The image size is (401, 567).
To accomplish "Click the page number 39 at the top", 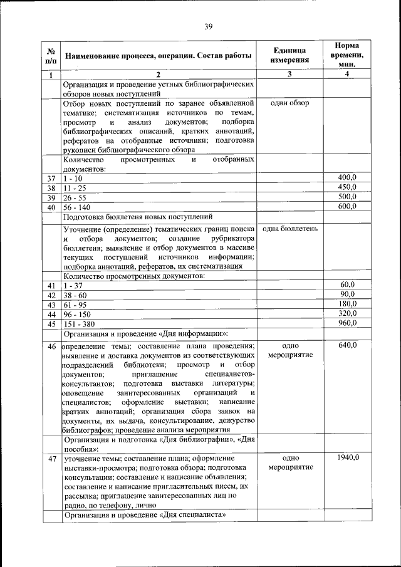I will [209, 26].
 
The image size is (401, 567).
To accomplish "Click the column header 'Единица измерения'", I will [290, 56].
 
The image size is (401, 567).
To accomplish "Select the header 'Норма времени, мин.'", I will [346, 55].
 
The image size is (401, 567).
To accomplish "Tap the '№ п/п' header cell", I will [52, 56].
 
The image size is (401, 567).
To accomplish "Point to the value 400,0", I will [346, 179].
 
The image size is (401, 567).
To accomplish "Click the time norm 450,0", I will [346, 187].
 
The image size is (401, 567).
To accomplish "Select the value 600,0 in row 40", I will [346, 207].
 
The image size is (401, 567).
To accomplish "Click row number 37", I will [52, 179].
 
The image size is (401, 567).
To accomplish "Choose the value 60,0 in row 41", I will [348, 285].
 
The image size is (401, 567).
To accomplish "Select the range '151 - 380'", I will [80, 324].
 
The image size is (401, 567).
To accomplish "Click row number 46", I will [52, 346].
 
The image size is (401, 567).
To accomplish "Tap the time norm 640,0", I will [346, 346].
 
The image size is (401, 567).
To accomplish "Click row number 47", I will [52, 459].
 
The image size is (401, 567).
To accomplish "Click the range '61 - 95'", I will [75, 304].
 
